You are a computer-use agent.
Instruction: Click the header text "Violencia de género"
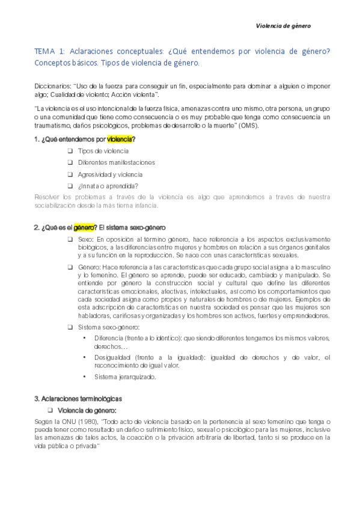(283, 26)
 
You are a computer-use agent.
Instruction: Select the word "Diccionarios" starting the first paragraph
(53, 85)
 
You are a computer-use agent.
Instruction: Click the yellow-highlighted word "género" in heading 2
(85, 227)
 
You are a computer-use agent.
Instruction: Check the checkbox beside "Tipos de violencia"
(70, 151)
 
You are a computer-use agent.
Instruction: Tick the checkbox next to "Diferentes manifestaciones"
(70, 162)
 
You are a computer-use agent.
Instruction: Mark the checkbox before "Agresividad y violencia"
(70, 174)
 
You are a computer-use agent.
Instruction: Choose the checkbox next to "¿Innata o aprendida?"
(70, 185)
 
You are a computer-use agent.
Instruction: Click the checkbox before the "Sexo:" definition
(70, 239)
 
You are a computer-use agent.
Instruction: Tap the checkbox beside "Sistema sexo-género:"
(70, 327)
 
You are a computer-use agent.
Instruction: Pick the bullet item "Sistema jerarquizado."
(125, 377)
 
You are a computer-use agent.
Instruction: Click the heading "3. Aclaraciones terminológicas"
(78, 399)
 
